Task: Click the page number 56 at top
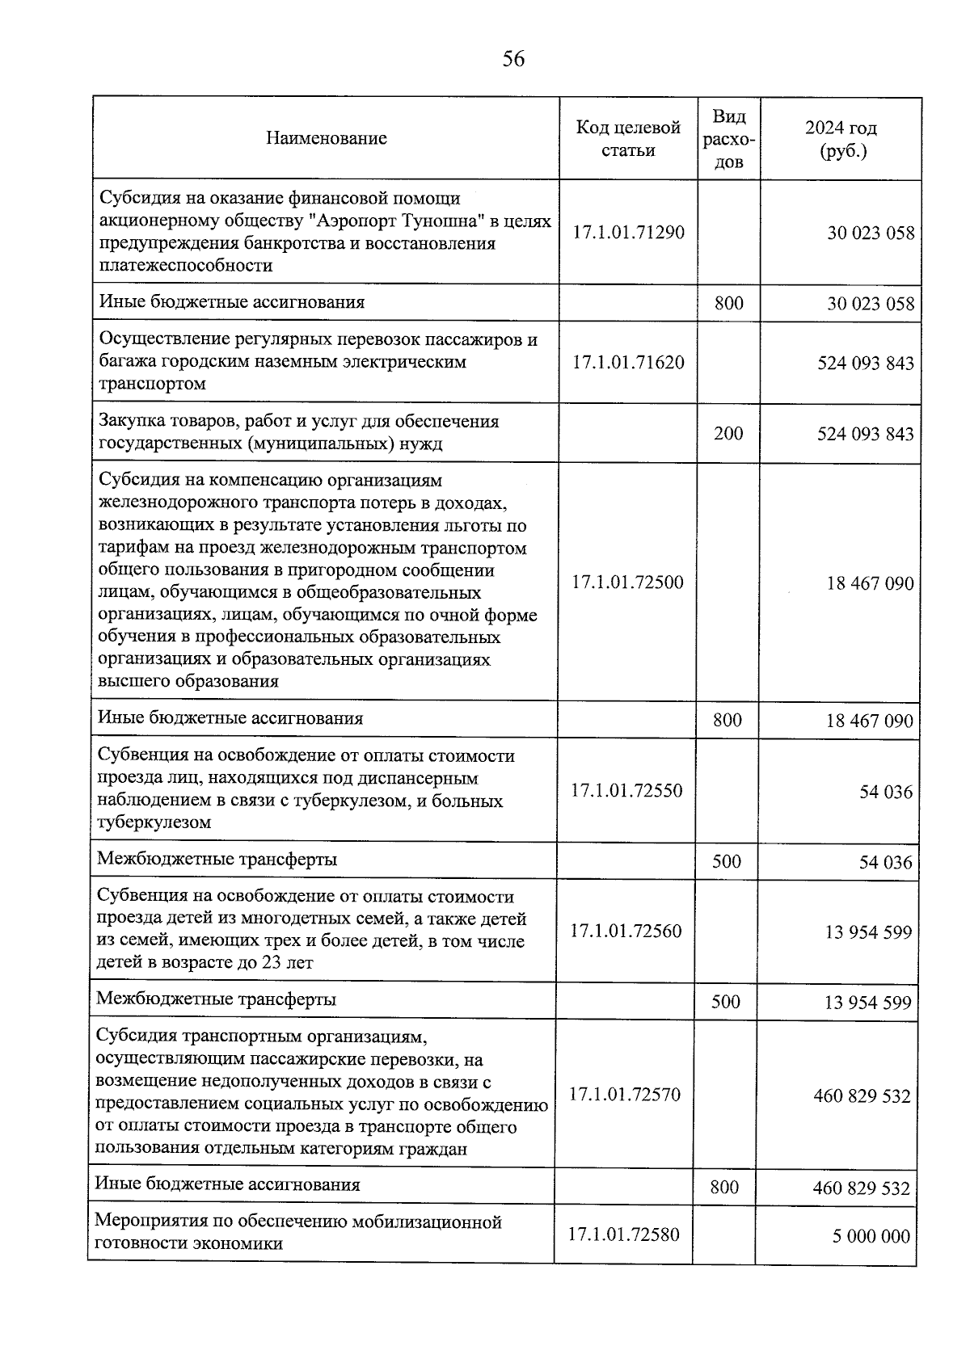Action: click(x=513, y=59)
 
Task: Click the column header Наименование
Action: click(x=326, y=138)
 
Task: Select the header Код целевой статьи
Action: click(x=628, y=138)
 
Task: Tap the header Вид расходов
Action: click(x=728, y=139)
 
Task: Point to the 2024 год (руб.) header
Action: click(x=841, y=139)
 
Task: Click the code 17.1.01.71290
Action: click(x=628, y=233)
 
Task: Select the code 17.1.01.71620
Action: click(x=628, y=362)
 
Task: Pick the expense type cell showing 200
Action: click(x=728, y=433)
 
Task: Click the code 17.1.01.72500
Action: click(x=627, y=582)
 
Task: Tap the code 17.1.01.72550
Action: click(x=626, y=790)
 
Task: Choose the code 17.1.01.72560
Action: click(x=626, y=931)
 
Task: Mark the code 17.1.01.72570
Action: click(x=625, y=1095)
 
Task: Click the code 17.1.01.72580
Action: click(x=624, y=1234)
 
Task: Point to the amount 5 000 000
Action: click(x=871, y=1236)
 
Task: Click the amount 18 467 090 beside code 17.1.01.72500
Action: click(x=869, y=583)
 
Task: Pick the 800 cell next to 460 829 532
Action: click(x=724, y=1187)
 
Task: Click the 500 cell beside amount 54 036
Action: click(x=727, y=861)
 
